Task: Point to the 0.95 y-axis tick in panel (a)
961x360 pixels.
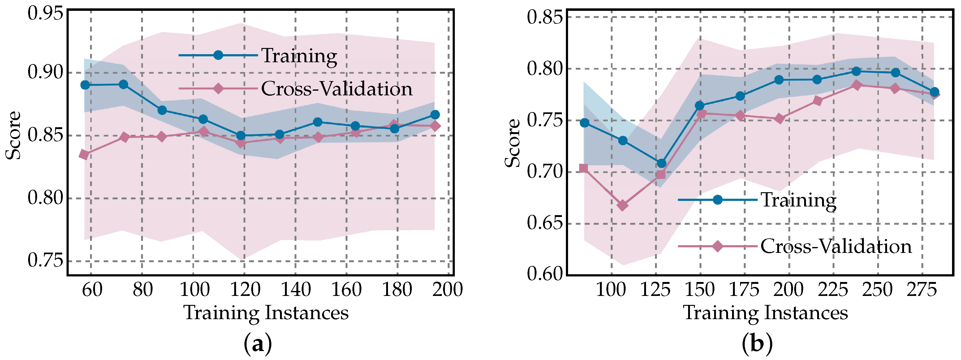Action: (45, 14)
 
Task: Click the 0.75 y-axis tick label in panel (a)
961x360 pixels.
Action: (45, 260)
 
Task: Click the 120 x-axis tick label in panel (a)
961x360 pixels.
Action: (245, 290)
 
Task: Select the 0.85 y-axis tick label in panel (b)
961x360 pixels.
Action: (545, 17)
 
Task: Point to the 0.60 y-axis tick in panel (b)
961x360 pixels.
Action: (545, 274)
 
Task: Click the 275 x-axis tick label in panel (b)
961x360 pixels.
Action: (921, 290)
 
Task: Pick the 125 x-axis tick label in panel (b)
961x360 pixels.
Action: (655, 290)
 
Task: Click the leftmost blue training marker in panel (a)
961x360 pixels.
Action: (85, 85)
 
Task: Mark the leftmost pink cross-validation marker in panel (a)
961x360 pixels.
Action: (84, 155)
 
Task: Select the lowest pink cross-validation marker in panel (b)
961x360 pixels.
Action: (622, 206)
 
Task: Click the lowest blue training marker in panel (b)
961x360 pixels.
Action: (661, 163)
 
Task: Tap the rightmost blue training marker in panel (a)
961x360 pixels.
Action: (435, 115)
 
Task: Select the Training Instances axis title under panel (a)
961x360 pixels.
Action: (266, 313)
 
